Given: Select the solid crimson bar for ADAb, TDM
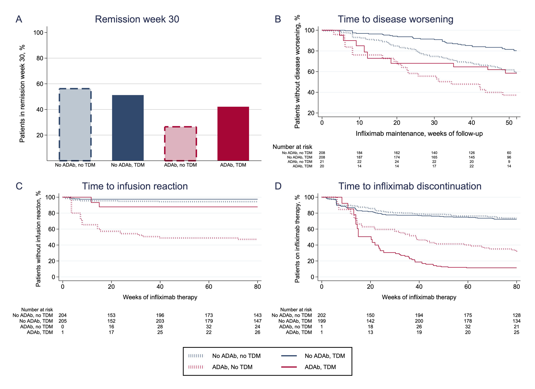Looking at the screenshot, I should (x=233, y=134).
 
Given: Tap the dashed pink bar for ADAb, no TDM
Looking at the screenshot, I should (x=180, y=144).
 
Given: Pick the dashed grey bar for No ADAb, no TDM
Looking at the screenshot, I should (x=75, y=125).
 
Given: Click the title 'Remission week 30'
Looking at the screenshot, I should (x=137, y=20).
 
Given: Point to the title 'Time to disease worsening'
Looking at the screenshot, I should (x=395, y=20).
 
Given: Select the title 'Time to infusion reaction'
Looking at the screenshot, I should (x=135, y=186).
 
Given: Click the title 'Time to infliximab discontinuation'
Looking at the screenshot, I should (x=410, y=186).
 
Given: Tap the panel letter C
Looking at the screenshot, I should (x=19, y=186).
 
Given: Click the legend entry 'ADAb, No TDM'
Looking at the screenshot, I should (x=232, y=367).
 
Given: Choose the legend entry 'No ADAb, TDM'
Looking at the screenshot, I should (x=325, y=356).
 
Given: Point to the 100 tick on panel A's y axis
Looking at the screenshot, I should (x=38, y=33).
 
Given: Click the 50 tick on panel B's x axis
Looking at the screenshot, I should (x=509, y=123).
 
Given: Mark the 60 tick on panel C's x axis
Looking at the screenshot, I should (x=209, y=287).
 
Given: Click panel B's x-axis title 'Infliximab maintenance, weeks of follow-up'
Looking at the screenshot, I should (x=419, y=134).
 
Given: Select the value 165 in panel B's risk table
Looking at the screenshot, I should (x=434, y=157).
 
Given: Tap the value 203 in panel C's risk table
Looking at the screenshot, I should (x=160, y=321).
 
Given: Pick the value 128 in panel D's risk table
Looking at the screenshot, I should (x=517, y=315).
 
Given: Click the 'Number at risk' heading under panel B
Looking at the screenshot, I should (x=292, y=147).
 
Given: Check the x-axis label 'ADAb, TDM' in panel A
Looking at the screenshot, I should (x=233, y=165).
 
